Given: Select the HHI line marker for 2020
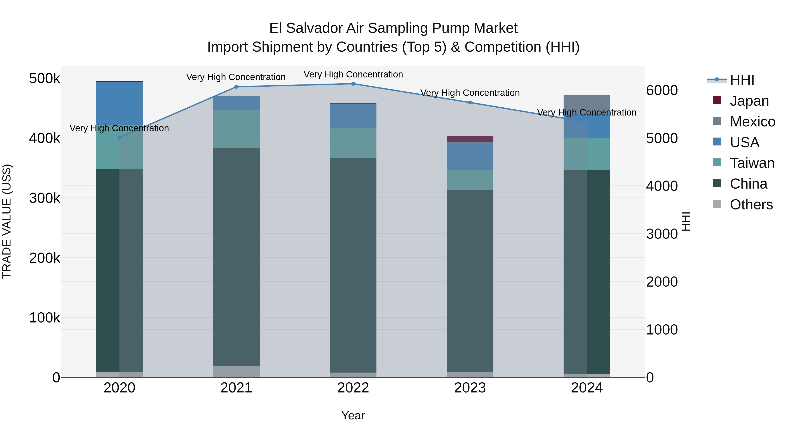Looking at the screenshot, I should (x=119, y=138).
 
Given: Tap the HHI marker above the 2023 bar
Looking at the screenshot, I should (x=470, y=102).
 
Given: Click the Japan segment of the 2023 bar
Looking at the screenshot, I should (x=470, y=139).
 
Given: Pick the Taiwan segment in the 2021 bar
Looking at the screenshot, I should (x=236, y=128).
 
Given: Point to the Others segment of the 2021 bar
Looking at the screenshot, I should (x=236, y=371).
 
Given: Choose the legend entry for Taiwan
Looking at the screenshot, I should (x=752, y=163).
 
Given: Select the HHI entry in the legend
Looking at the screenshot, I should (x=742, y=80).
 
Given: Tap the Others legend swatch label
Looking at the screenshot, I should (x=751, y=205).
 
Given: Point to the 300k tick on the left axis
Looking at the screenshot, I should (x=45, y=198).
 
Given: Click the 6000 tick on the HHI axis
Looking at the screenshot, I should (x=662, y=91).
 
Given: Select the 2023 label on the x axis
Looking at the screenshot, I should (x=470, y=388).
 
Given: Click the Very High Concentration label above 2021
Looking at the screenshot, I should (x=236, y=77).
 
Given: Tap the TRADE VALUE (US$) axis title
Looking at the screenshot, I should (x=7, y=221).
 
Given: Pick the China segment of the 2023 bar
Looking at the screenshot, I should (x=470, y=281).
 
